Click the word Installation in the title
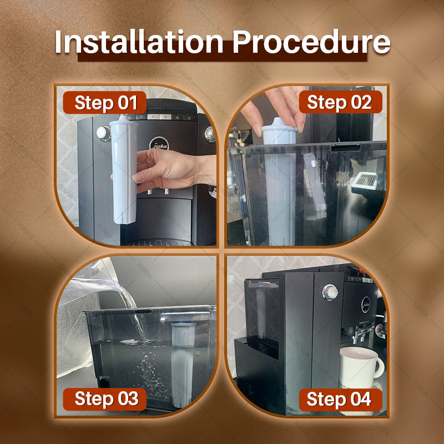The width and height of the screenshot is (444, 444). [x=139, y=42]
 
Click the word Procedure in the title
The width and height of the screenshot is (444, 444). [x=311, y=42]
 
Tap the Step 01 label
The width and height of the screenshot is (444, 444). [x=105, y=102]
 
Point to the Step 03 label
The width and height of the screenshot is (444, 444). [x=105, y=399]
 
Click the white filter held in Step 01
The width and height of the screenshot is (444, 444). [x=124, y=170]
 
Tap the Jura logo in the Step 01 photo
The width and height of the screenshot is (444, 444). [x=159, y=144]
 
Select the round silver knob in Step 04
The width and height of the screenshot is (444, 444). [x=330, y=292]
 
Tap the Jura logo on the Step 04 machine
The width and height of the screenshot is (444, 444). [x=366, y=305]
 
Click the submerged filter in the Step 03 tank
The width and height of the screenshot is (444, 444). [x=183, y=365]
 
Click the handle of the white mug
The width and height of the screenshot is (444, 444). [x=379, y=368]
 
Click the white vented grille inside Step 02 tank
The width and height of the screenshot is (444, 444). [x=365, y=181]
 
